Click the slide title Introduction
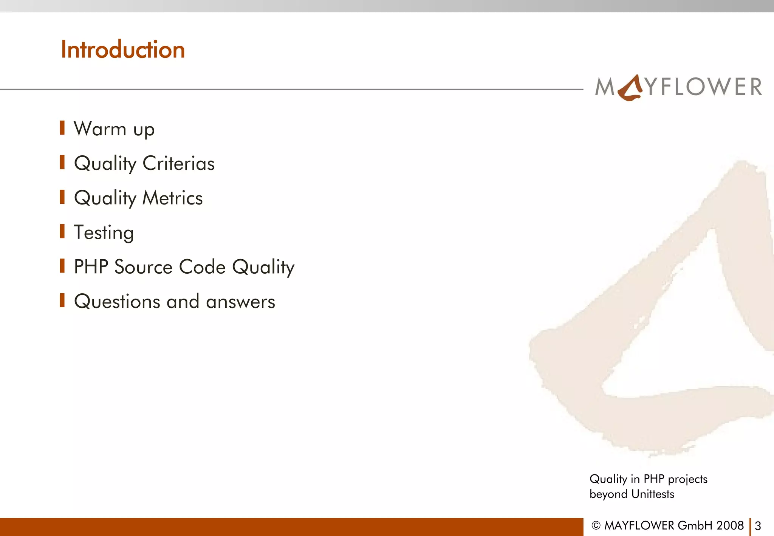click(x=123, y=50)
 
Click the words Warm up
click(x=114, y=129)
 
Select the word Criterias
click(x=178, y=163)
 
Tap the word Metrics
click(x=172, y=198)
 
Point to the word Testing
click(x=104, y=232)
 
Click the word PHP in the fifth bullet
click(x=91, y=267)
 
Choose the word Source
click(x=144, y=267)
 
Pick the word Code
click(x=202, y=267)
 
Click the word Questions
click(x=117, y=302)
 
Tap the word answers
click(x=240, y=302)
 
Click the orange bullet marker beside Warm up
click(x=62, y=128)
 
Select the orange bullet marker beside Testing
click(x=62, y=231)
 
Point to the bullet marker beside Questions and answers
click(x=62, y=301)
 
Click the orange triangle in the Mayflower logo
click(x=630, y=89)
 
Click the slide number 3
click(x=758, y=526)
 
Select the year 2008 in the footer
click(x=730, y=525)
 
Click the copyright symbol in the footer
click(x=596, y=526)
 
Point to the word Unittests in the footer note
click(x=653, y=494)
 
